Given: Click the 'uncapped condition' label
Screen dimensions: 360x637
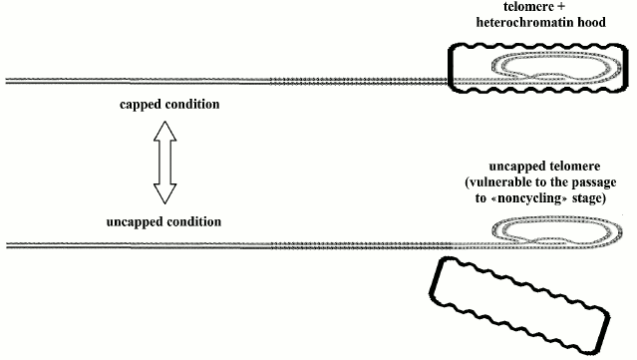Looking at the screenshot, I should click(x=163, y=220).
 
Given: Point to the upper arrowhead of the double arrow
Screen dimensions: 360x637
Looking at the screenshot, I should click(x=163, y=131).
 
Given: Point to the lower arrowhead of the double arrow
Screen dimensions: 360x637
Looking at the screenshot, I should click(x=163, y=196).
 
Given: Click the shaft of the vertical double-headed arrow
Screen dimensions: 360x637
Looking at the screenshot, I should click(x=163, y=164).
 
